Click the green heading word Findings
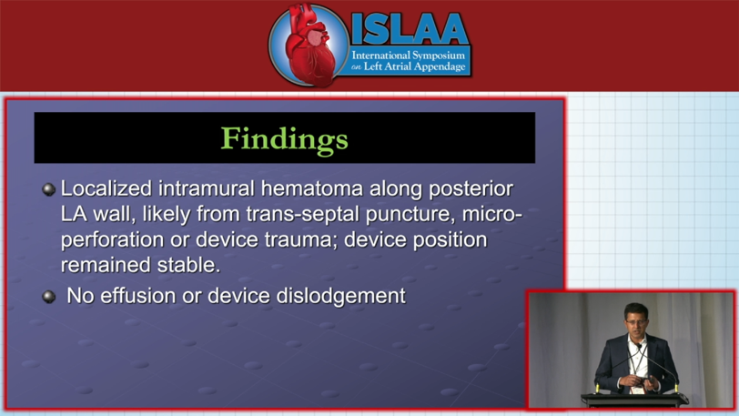pyautogui.click(x=285, y=139)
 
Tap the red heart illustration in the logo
pyautogui.click(x=309, y=46)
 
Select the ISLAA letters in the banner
pyautogui.click(x=410, y=29)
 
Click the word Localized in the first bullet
pyautogui.click(x=106, y=188)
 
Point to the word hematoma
pyautogui.click(x=312, y=188)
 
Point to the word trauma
pyautogui.click(x=299, y=239)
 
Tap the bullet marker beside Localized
pyautogui.click(x=49, y=189)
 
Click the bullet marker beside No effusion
pyautogui.click(x=49, y=297)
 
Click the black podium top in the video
pyautogui.click(x=634, y=400)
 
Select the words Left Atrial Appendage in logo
pyautogui.click(x=415, y=66)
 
